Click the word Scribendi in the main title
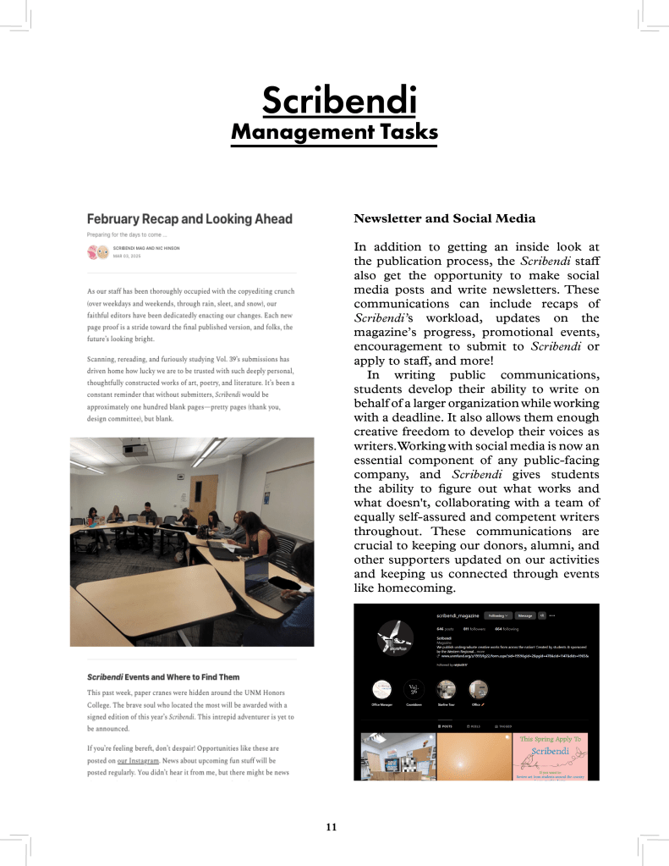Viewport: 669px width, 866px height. click(339, 101)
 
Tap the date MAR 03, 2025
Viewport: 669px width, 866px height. click(125, 254)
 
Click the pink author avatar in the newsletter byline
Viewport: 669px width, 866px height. click(93, 251)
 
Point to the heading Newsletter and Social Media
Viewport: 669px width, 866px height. click(444, 218)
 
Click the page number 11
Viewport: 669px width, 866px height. click(332, 826)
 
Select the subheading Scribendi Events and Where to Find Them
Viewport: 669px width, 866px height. click(163, 677)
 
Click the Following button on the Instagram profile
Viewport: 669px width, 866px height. click(497, 615)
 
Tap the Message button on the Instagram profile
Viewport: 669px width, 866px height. click(524, 615)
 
